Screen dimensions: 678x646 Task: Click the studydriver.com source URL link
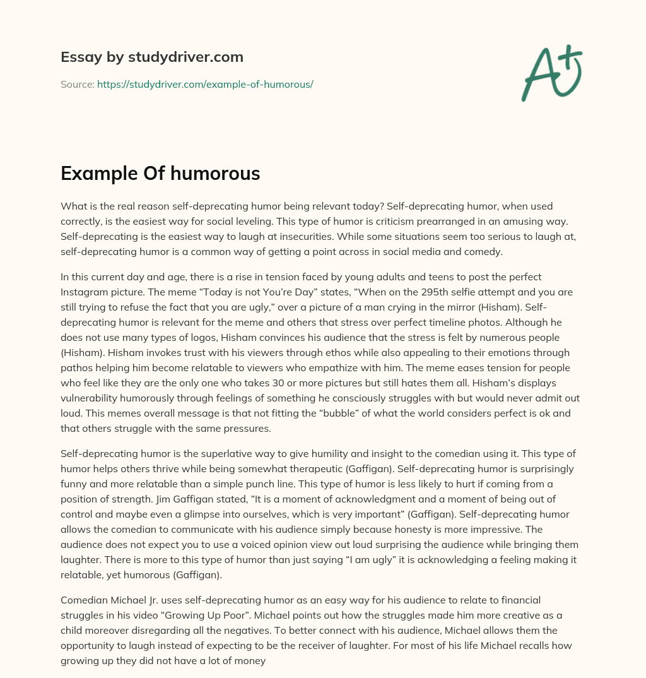(205, 84)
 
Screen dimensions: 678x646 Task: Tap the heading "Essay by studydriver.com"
(152, 57)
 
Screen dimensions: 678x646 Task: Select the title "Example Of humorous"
(160, 173)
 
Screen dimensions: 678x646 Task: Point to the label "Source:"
(77, 84)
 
